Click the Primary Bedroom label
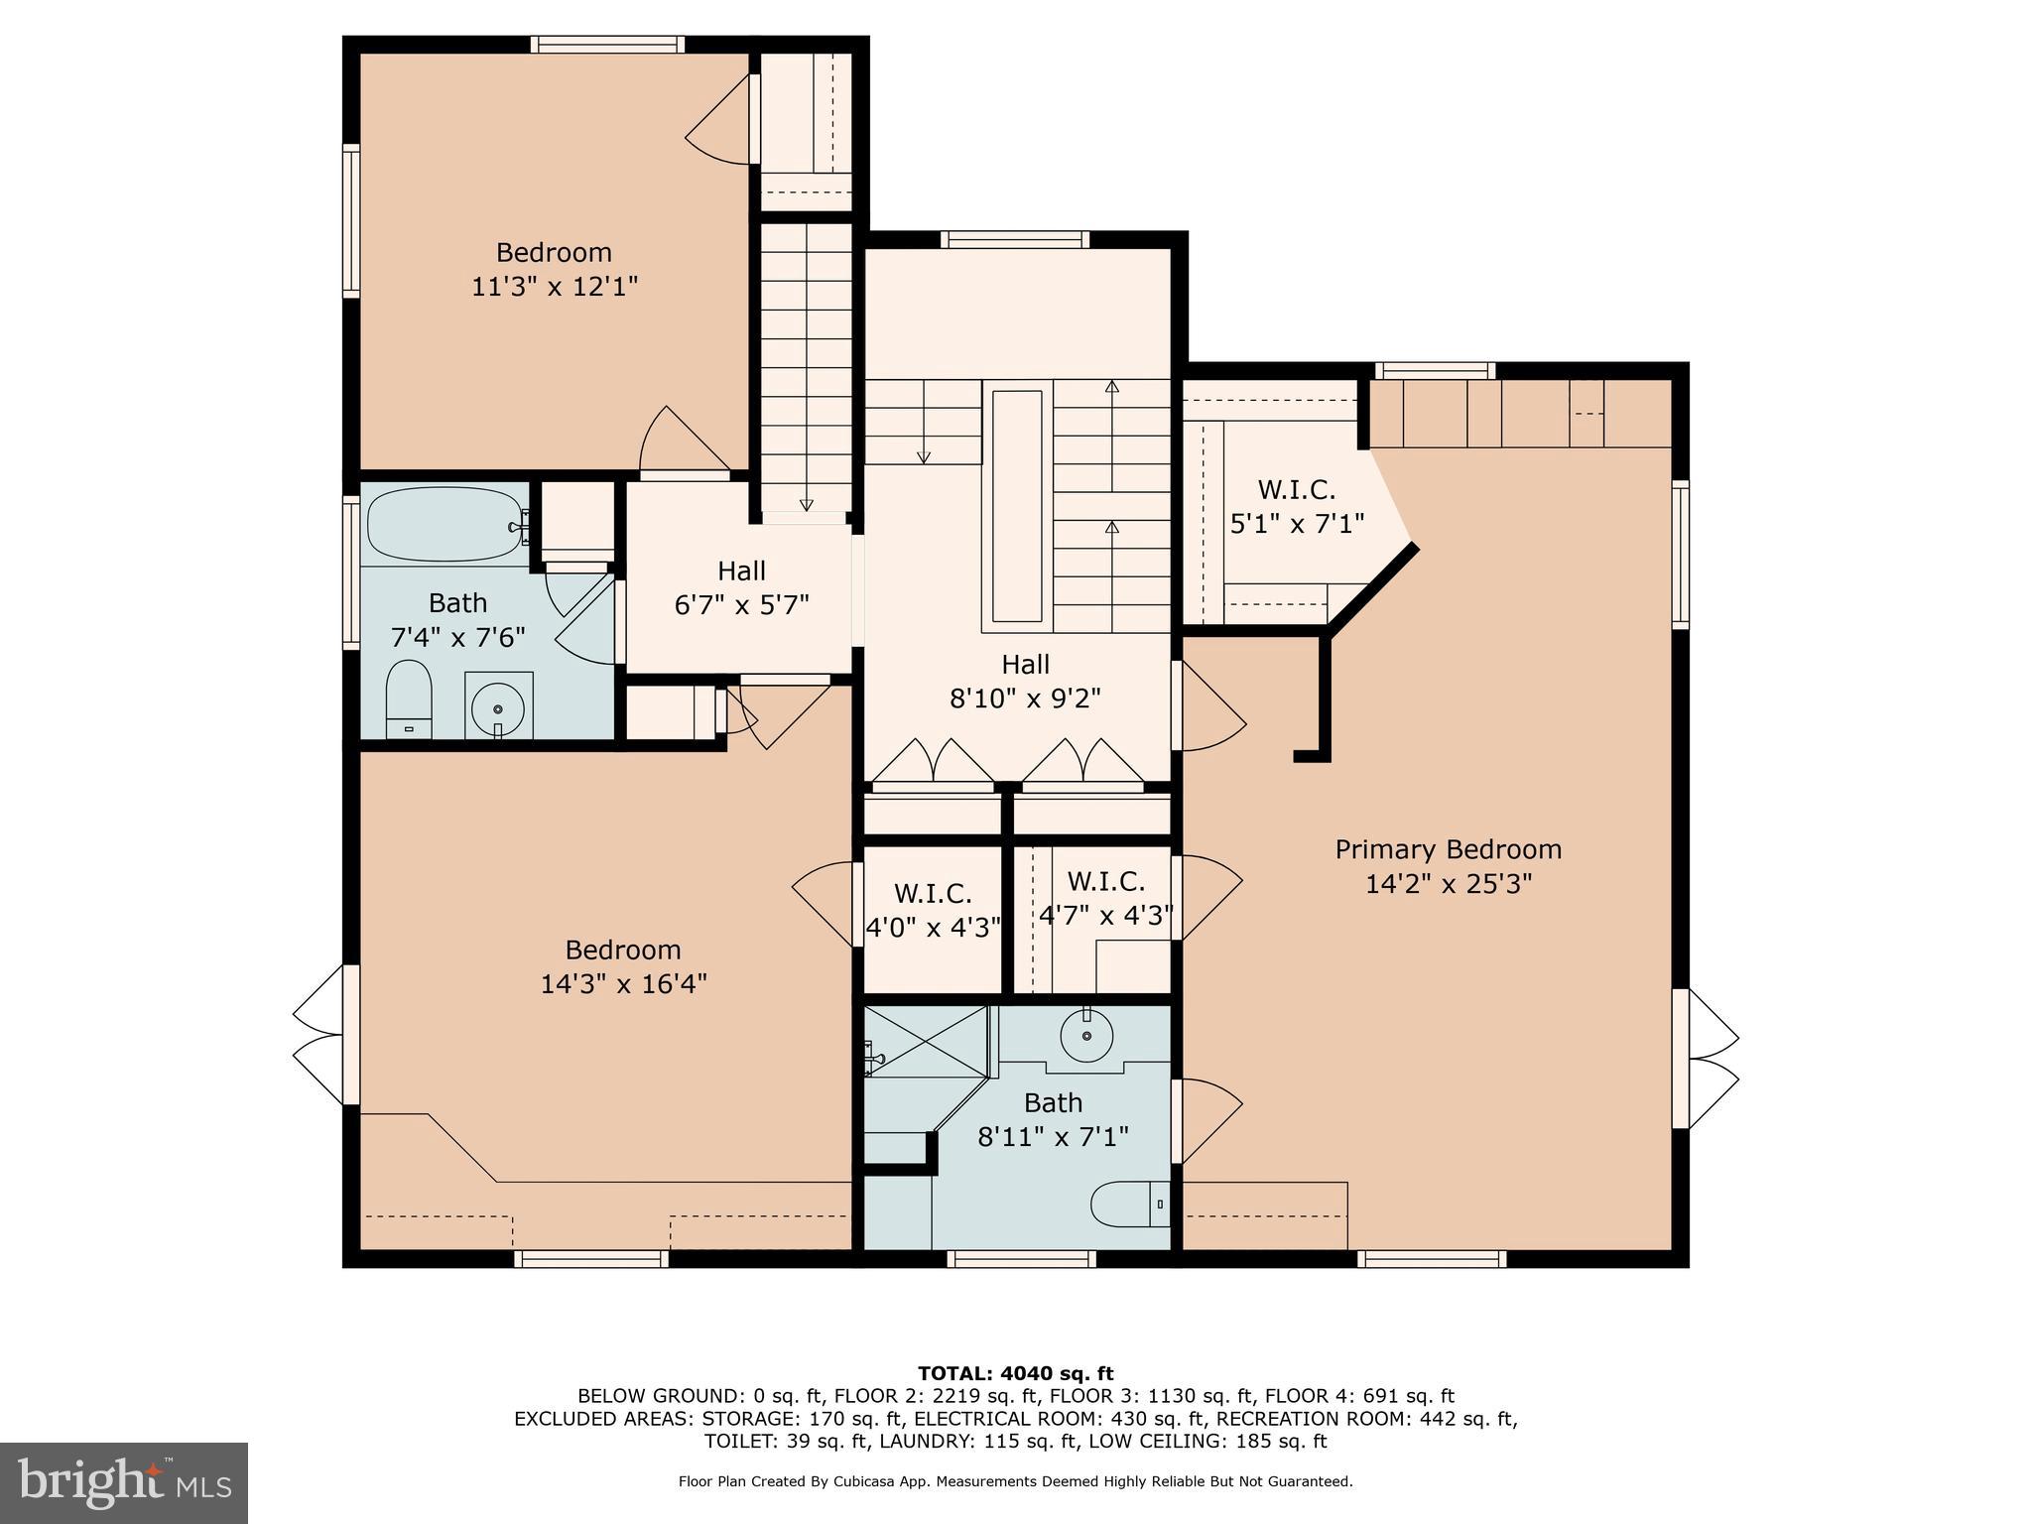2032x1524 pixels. (1448, 850)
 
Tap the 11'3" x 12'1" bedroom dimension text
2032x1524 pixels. (554, 287)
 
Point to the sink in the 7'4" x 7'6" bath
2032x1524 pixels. (498, 706)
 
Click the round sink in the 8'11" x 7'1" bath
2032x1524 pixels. (1087, 1036)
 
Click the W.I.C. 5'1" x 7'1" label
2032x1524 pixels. (1297, 506)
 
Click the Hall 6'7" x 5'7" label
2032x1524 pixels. (741, 587)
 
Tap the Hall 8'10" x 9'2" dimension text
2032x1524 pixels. (1025, 699)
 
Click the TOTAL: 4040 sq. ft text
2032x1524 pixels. (1015, 1374)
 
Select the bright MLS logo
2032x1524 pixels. (123, 1482)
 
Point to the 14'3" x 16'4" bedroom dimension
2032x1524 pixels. (623, 984)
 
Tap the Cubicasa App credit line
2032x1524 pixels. (1015, 1482)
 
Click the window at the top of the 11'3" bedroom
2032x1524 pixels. (607, 44)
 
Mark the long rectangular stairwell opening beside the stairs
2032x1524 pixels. (1017, 506)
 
